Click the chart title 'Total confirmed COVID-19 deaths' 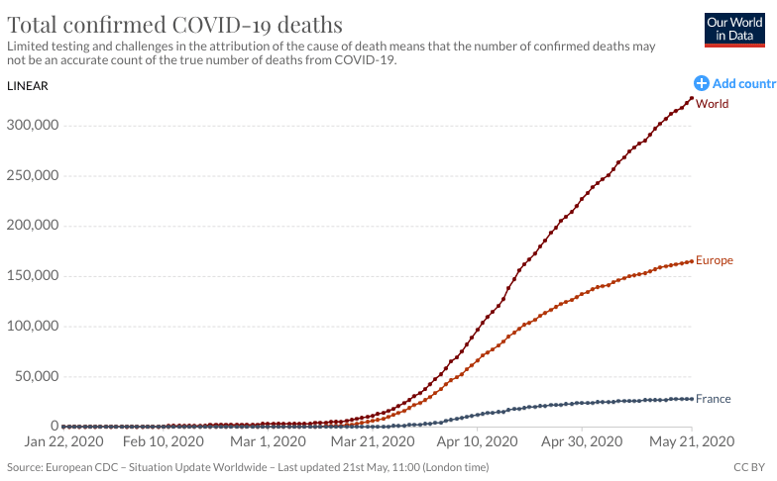click(x=174, y=25)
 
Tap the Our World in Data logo click(x=734, y=30)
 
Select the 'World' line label click(x=712, y=104)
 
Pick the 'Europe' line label click(x=715, y=260)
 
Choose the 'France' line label click(x=713, y=399)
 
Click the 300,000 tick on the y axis click(x=32, y=126)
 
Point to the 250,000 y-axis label click(x=32, y=176)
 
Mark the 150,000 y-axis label click(x=32, y=276)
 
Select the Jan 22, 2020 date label click(x=61, y=441)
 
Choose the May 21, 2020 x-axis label click(x=691, y=441)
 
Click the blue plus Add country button click(x=702, y=84)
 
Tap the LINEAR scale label click(x=28, y=85)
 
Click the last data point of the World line click(x=692, y=98)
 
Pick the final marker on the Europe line click(x=692, y=261)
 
